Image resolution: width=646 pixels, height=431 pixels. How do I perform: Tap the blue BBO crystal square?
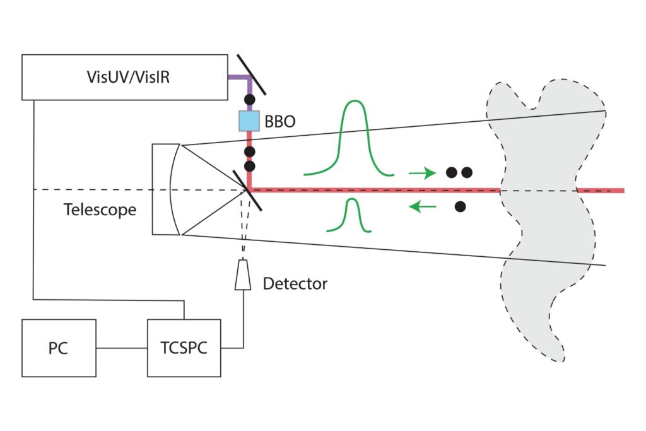point(249,120)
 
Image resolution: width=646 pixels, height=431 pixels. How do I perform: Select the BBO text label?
point(280,121)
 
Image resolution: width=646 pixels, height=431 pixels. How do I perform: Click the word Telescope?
point(100,210)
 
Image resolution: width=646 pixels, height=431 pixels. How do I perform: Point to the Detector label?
point(295,283)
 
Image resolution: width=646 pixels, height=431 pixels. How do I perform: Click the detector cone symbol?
point(243,276)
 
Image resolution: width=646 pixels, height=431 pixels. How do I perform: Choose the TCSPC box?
point(184,348)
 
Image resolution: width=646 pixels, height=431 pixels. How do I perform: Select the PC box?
point(59,348)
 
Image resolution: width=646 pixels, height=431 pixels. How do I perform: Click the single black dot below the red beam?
point(461,206)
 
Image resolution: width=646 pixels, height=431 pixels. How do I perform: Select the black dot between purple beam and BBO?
point(249,100)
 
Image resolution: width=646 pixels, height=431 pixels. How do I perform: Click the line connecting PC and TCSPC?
point(121,348)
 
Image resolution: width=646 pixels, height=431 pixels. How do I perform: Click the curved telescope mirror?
point(173,189)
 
